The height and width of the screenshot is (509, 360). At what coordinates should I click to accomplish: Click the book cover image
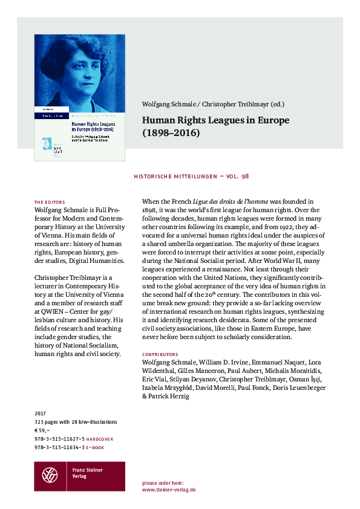pyautogui.click(x=79, y=97)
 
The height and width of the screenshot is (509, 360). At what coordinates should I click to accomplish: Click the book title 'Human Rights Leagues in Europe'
pyautogui.click(x=216, y=120)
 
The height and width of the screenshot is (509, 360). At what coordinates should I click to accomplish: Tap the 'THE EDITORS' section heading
pyautogui.click(x=50, y=201)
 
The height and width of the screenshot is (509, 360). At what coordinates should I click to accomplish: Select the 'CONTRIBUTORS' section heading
pyautogui.click(x=160, y=353)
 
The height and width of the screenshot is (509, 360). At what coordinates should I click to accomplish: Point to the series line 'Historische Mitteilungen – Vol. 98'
pyautogui.click(x=189, y=176)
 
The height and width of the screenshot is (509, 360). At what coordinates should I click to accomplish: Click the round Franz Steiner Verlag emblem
pyautogui.click(x=50, y=476)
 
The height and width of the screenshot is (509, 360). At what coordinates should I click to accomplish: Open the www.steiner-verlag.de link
pyautogui.click(x=168, y=490)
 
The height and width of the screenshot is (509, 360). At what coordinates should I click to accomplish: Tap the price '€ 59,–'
pyautogui.click(x=44, y=430)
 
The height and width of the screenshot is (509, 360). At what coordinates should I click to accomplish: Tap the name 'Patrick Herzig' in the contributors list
pyautogui.click(x=173, y=396)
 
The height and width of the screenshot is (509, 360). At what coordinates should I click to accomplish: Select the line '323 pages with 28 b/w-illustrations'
pyautogui.click(x=76, y=422)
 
